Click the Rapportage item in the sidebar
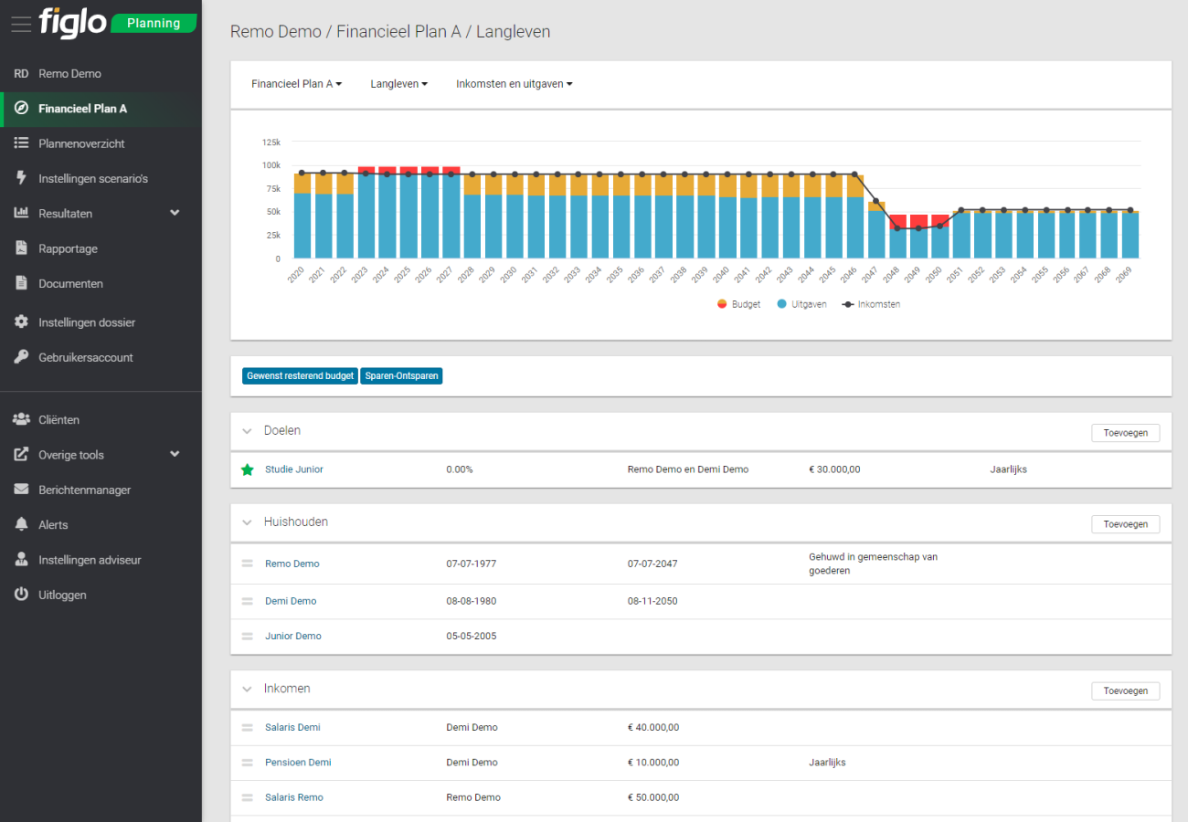tap(68, 248)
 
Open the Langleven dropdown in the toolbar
tap(398, 84)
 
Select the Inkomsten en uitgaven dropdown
tap(514, 84)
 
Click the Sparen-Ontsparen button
tap(401, 376)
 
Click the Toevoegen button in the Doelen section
tap(1125, 433)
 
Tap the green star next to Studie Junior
tap(247, 469)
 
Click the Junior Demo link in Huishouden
tap(292, 636)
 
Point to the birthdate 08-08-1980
tap(471, 601)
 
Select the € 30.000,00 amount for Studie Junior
tap(834, 469)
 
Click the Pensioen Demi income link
tap(298, 763)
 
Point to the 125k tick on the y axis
tap(270, 142)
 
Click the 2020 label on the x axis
tap(294, 274)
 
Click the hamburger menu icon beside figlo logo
tap(20, 24)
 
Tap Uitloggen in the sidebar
tap(62, 595)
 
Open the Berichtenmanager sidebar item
tap(84, 490)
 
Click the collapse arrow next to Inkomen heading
tap(246, 690)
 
